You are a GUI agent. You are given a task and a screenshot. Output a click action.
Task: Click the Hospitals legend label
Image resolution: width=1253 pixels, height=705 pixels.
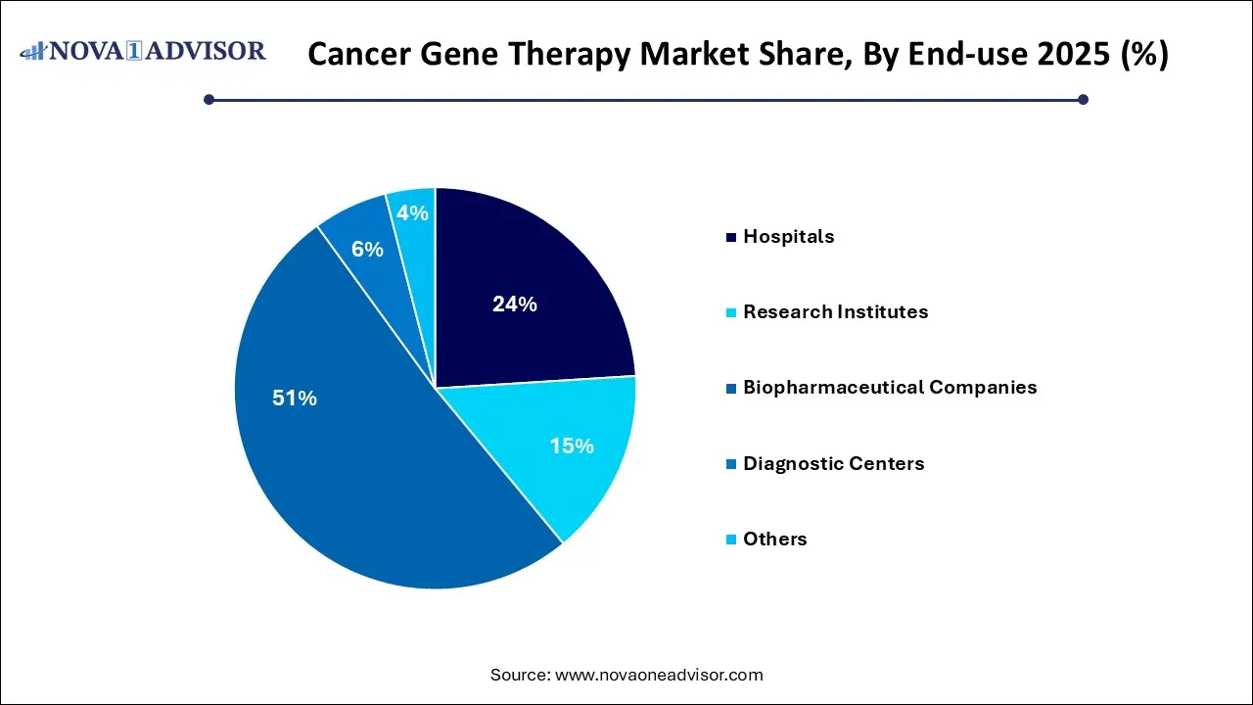pos(788,236)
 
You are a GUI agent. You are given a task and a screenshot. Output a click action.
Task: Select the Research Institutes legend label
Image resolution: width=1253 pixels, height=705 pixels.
pos(835,311)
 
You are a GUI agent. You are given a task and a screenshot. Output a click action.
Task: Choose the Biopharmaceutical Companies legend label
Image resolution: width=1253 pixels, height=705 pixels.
pos(889,387)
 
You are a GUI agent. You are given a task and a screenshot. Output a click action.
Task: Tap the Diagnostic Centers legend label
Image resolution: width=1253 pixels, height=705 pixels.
pos(833,463)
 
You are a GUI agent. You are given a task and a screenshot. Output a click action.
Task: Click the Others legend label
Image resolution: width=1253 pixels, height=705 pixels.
pos(774,539)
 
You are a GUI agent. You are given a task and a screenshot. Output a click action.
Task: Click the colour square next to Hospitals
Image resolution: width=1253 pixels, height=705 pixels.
pos(730,237)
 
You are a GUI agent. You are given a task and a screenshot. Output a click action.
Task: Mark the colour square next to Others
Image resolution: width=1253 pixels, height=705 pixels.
pos(730,540)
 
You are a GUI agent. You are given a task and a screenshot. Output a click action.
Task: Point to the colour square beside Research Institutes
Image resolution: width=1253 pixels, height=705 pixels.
pos(730,312)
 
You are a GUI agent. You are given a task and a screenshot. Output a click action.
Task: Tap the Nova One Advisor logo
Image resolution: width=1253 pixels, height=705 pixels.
pos(143,51)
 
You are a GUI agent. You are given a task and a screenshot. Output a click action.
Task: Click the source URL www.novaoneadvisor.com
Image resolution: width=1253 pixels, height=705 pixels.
pos(659,675)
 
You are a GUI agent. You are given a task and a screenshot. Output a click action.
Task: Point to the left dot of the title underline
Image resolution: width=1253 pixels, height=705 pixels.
pos(209,99)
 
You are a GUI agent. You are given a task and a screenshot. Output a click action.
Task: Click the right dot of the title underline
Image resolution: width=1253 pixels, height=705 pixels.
pos(1083,99)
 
